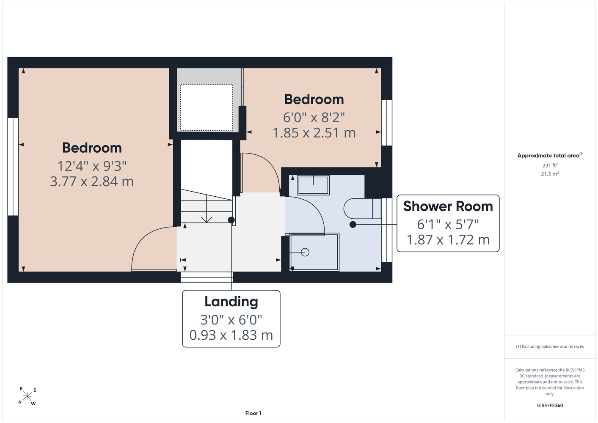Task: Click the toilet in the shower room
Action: pyautogui.click(x=362, y=209)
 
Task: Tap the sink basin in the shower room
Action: pyautogui.click(x=313, y=185)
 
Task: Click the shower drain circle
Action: pyautogui.click(x=305, y=252)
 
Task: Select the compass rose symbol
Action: pyautogui.click(x=27, y=396)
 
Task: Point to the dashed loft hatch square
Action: pyautogui.click(x=207, y=107)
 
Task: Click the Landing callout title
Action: pyautogui.click(x=231, y=302)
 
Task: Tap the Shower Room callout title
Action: pyautogui.click(x=448, y=206)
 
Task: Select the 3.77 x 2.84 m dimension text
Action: pyautogui.click(x=91, y=181)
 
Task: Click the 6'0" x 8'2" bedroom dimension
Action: pyautogui.click(x=314, y=118)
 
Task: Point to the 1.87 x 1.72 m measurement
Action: pyautogui.click(x=448, y=240)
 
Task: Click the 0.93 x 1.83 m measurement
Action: pyautogui.click(x=231, y=335)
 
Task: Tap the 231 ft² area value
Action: pyautogui.click(x=550, y=165)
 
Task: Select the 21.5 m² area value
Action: pyautogui.click(x=550, y=174)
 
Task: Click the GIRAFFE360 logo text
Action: pyautogui.click(x=550, y=405)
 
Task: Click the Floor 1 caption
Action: pyautogui.click(x=254, y=413)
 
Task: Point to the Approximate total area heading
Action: pyautogui.click(x=550, y=155)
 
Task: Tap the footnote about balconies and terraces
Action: pyautogui.click(x=550, y=346)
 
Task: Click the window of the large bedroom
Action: pyautogui.click(x=13, y=167)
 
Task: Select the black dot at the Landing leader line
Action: pyautogui.click(x=231, y=220)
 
